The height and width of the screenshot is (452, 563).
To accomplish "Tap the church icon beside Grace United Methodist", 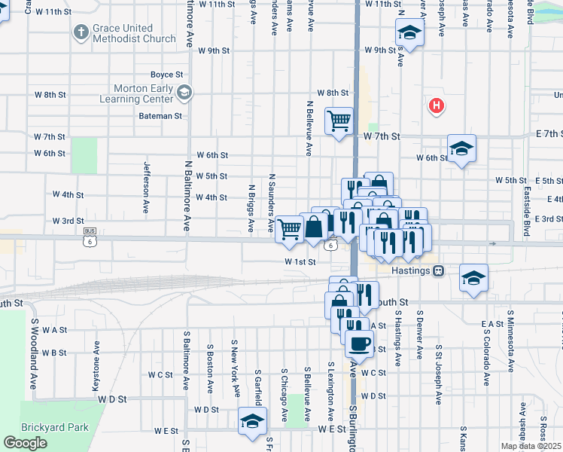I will tap(81, 32).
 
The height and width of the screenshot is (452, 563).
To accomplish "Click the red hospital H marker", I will tap(435, 106).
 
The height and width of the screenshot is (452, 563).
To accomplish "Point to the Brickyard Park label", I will tap(55, 427).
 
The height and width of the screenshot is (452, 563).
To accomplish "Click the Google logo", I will tap(25, 443).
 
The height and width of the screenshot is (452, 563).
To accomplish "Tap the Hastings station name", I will tap(411, 270).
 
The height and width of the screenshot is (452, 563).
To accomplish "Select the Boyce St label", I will tap(166, 75).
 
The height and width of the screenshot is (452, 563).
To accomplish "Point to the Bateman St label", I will tap(160, 116).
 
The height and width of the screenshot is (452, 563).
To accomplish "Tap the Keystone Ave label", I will tap(96, 364).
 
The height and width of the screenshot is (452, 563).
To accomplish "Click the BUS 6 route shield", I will tap(90, 237).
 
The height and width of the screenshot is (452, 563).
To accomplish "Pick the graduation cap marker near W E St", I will tap(253, 420).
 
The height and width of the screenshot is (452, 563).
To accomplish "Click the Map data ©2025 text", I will tap(531, 446).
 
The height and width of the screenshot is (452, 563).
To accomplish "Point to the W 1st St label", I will tap(299, 261).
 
